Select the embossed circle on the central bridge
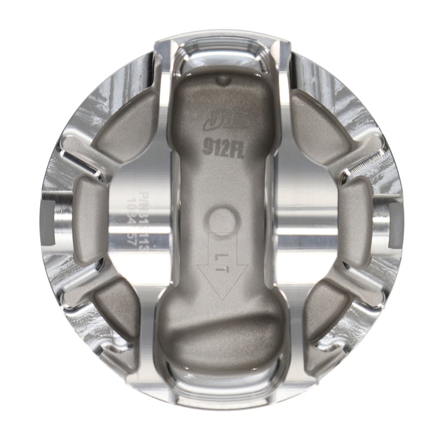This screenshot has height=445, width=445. (x=223, y=220)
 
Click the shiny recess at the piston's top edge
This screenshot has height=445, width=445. (x=222, y=52)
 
